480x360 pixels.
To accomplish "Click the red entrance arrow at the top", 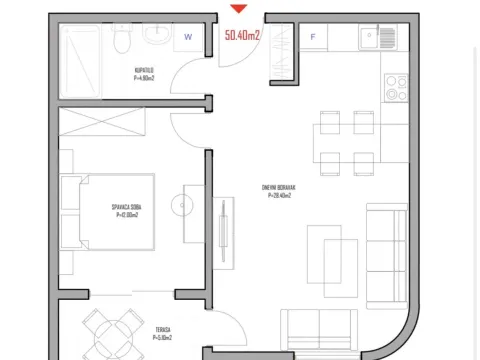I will click(238, 10).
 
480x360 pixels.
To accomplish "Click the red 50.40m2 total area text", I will click(244, 36).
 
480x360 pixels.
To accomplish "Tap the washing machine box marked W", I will click(188, 38).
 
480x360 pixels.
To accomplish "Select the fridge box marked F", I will click(314, 38).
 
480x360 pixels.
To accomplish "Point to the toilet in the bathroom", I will click(121, 38).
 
